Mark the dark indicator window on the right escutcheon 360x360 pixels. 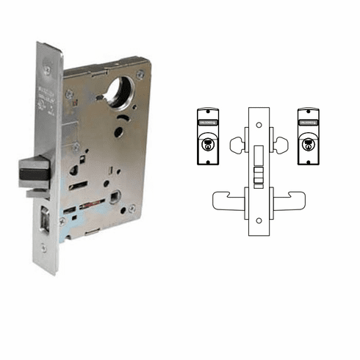point(307,115)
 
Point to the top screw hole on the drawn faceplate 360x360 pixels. point(259,120)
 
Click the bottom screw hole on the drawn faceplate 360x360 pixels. point(259,220)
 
